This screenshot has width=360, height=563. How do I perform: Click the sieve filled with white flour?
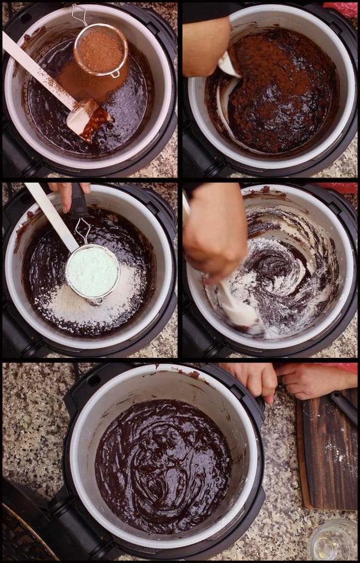(x=92, y=272)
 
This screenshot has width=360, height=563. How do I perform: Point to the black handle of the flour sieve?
(x=79, y=203)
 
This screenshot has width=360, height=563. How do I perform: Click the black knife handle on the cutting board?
(x=344, y=406)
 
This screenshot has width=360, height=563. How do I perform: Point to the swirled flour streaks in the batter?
(x=286, y=275)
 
